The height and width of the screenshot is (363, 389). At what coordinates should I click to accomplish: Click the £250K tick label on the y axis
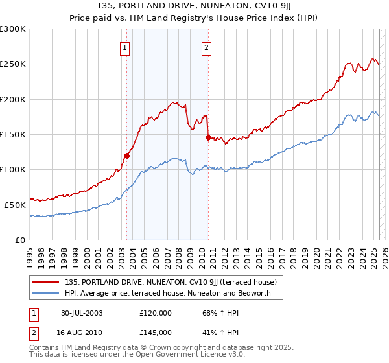point(13,64)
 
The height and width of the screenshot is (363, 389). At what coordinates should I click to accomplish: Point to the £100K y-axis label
point(13,170)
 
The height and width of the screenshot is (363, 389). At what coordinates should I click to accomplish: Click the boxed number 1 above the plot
point(124,47)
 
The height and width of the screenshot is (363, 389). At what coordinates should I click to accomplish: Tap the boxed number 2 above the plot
point(206,47)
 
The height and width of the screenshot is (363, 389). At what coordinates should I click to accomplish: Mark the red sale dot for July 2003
point(127,156)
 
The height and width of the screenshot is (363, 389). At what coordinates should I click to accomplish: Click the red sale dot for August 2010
point(208,137)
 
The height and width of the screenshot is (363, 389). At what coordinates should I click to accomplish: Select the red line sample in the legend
point(46,282)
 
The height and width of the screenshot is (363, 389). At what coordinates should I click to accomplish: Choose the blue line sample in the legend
point(46,294)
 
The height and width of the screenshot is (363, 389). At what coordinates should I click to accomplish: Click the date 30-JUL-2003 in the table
point(82,313)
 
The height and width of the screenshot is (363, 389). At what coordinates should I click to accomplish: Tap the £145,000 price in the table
point(155,332)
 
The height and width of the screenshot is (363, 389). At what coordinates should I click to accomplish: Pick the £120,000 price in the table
point(155,313)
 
